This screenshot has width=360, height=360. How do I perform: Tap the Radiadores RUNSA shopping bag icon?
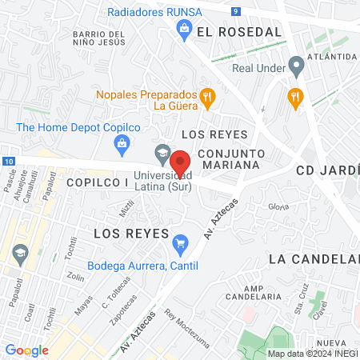click(185, 30)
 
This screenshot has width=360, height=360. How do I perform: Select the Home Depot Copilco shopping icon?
click(122, 144)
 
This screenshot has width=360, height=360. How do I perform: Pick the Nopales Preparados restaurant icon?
click(207, 98)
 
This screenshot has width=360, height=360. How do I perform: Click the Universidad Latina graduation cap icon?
click(163, 151)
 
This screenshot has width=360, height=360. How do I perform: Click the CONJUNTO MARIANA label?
click(230, 158)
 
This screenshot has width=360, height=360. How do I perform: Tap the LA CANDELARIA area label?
click(314, 259)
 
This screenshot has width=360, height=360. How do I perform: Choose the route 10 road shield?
click(8, 162)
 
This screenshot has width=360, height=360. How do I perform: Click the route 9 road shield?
click(236, 11)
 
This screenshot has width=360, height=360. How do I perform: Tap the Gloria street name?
click(278, 206)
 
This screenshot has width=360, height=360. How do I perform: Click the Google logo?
click(26, 350)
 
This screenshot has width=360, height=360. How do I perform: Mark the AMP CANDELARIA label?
click(262, 292)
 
